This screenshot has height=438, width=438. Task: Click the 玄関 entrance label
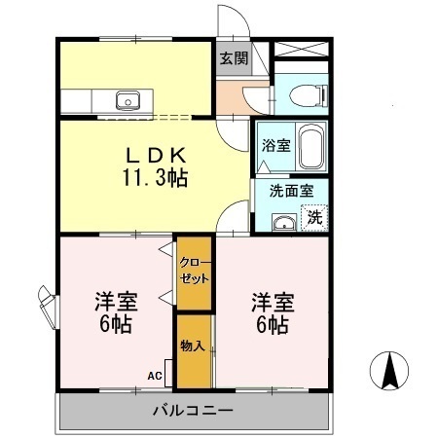pyautogui.click(x=233, y=58)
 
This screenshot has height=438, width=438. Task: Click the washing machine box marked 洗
pyautogui.click(x=314, y=217)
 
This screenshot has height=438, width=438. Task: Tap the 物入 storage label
pyautogui.click(x=192, y=345)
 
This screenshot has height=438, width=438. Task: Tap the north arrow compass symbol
pyautogui.click(x=390, y=370)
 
